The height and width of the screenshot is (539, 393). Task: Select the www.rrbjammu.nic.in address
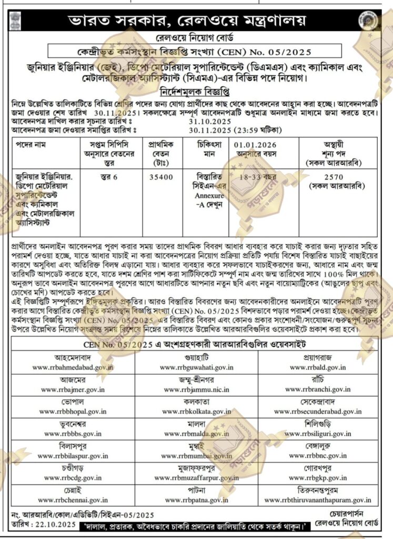pyautogui.click(x=196, y=389)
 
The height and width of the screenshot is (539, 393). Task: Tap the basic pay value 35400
pyautogui.click(x=161, y=177)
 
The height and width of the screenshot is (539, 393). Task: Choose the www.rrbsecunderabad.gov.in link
pyautogui.click(x=325, y=411)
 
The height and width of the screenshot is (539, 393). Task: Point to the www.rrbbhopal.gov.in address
pyautogui.click(x=73, y=411)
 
